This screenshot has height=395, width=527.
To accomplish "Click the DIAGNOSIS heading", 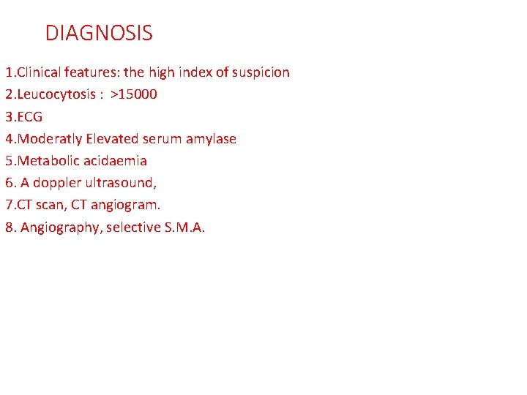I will (99, 33).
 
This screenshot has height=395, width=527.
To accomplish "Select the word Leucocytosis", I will (53, 94).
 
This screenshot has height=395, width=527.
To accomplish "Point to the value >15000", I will (134, 94).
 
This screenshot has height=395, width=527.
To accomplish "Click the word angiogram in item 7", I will (124, 205).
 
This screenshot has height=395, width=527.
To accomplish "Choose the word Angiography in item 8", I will (61, 227).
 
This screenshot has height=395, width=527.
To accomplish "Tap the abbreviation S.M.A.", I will (187, 227).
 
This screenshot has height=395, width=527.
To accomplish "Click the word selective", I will (135, 227).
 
